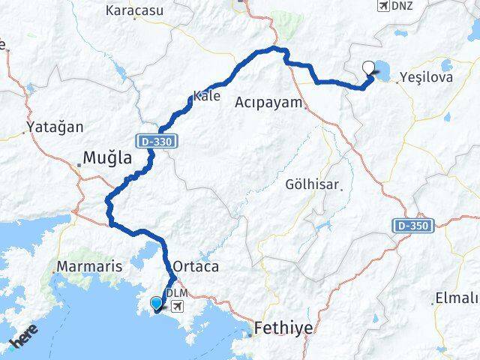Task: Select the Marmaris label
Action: coord(83,267)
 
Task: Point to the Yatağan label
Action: coord(55,127)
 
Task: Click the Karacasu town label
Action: coord(136,10)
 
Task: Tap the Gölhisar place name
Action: coord(313,184)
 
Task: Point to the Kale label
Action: coord(206,96)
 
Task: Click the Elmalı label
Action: coord(457,299)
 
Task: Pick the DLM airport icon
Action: coord(178,306)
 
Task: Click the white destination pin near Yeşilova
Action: coord(368,67)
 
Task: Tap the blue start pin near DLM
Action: coord(156,303)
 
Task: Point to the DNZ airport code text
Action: coord(402,7)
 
